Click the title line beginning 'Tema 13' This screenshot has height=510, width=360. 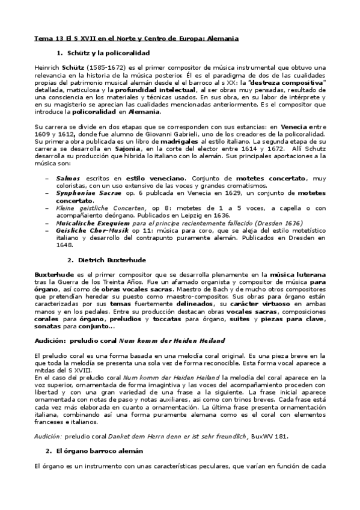pyautogui.click(x=136, y=38)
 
